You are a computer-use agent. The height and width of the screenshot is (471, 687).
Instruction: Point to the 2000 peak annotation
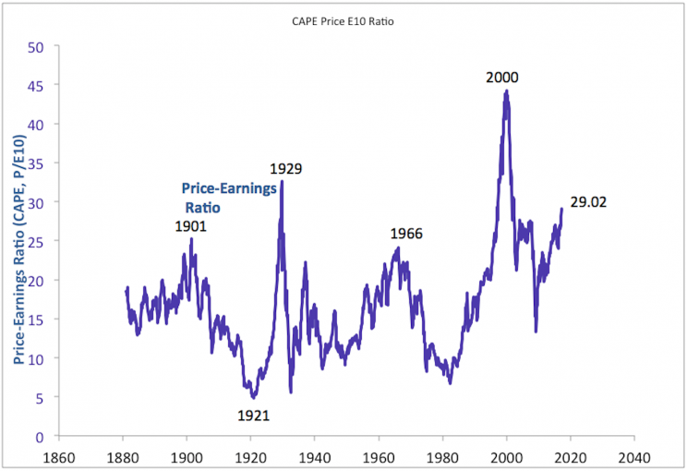click(x=502, y=77)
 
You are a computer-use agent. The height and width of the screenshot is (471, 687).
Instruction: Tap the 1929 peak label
click(x=286, y=169)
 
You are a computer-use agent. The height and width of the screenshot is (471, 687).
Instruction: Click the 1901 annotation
click(x=190, y=226)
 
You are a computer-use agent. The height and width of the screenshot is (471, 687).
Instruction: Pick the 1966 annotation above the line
click(x=405, y=234)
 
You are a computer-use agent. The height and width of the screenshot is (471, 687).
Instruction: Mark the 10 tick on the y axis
click(x=38, y=358)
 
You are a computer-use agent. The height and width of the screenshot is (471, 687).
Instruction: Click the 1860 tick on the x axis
click(x=58, y=456)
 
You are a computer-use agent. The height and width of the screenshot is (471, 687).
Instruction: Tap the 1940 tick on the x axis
click(x=314, y=456)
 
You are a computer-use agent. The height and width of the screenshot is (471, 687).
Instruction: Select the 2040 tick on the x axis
click(x=634, y=456)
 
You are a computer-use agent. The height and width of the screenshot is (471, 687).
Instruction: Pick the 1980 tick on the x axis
click(x=442, y=456)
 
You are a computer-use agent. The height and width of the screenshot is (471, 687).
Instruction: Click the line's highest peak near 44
click(x=506, y=91)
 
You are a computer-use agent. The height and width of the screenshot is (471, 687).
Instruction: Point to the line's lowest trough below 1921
click(x=253, y=397)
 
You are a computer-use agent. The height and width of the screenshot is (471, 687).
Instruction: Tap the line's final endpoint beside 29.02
click(x=561, y=209)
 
